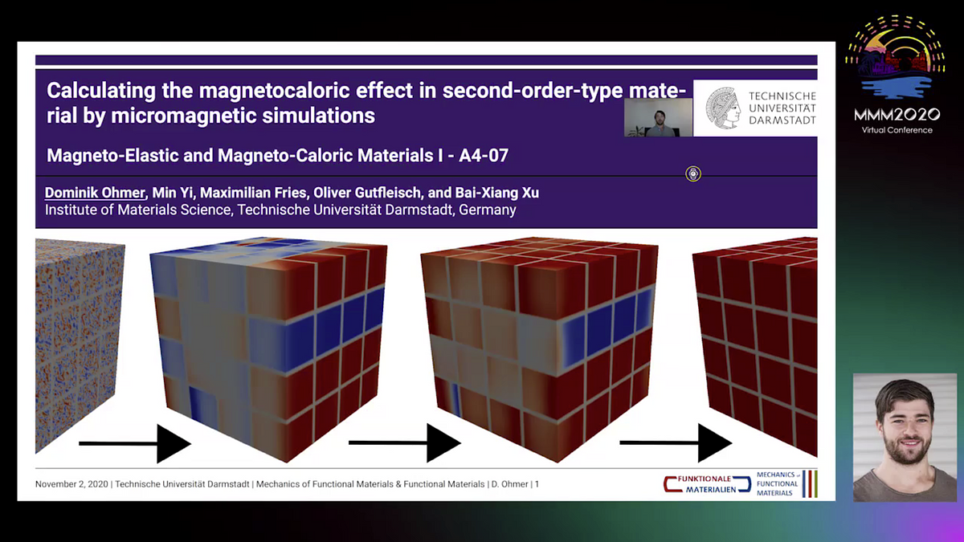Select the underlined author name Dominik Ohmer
(95, 193)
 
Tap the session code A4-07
(484, 155)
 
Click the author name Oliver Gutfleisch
(366, 193)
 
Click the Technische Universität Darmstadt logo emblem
(723, 108)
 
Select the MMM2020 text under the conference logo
(897, 114)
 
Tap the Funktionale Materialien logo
(707, 484)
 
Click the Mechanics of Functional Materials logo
(786, 484)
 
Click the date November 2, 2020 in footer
(71, 484)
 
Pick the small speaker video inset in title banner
(659, 117)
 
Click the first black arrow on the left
(135, 443)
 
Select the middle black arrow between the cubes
(405, 442)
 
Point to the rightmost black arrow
(676, 442)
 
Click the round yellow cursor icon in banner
(692, 173)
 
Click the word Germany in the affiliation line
(488, 210)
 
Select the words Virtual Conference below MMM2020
(897, 130)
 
